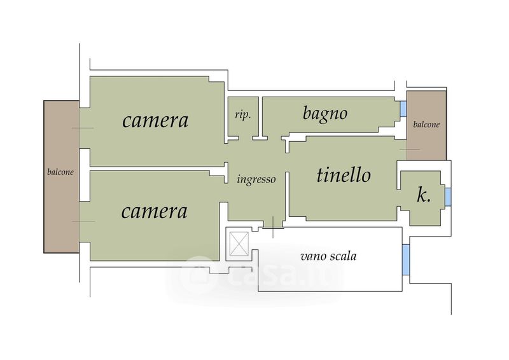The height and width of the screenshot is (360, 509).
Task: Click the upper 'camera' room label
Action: (x=155, y=120)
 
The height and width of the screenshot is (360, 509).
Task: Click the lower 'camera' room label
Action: (x=155, y=211)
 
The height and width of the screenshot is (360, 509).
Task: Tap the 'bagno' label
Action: (x=325, y=114)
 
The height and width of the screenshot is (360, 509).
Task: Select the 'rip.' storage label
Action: (x=243, y=115)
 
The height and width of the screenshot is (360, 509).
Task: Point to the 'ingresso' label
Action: (x=256, y=179)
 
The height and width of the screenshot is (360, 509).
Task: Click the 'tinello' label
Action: (x=344, y=175)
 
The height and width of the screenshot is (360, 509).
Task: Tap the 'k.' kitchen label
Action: (x=424, y=196)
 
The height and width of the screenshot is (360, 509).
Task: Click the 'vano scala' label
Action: (x=328, y=256)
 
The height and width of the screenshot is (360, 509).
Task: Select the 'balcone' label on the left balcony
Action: (x=60, y=172)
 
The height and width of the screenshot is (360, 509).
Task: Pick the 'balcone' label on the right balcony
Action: (x=426, y=124)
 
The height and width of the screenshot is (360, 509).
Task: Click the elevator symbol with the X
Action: (x=239, y=243)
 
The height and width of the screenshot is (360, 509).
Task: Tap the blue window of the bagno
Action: (x=403, y=109)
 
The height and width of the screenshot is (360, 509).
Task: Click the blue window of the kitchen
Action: (x=448, y=197)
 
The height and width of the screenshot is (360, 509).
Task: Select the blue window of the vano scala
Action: (x=406, y=260)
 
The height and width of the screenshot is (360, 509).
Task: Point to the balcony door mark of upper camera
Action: (x=83, y=128)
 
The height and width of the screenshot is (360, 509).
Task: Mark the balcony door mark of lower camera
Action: (x=83, y=221)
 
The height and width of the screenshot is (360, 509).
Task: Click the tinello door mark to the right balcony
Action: (x=409, y=149)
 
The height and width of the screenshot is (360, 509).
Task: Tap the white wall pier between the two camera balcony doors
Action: (x=85, y=175)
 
